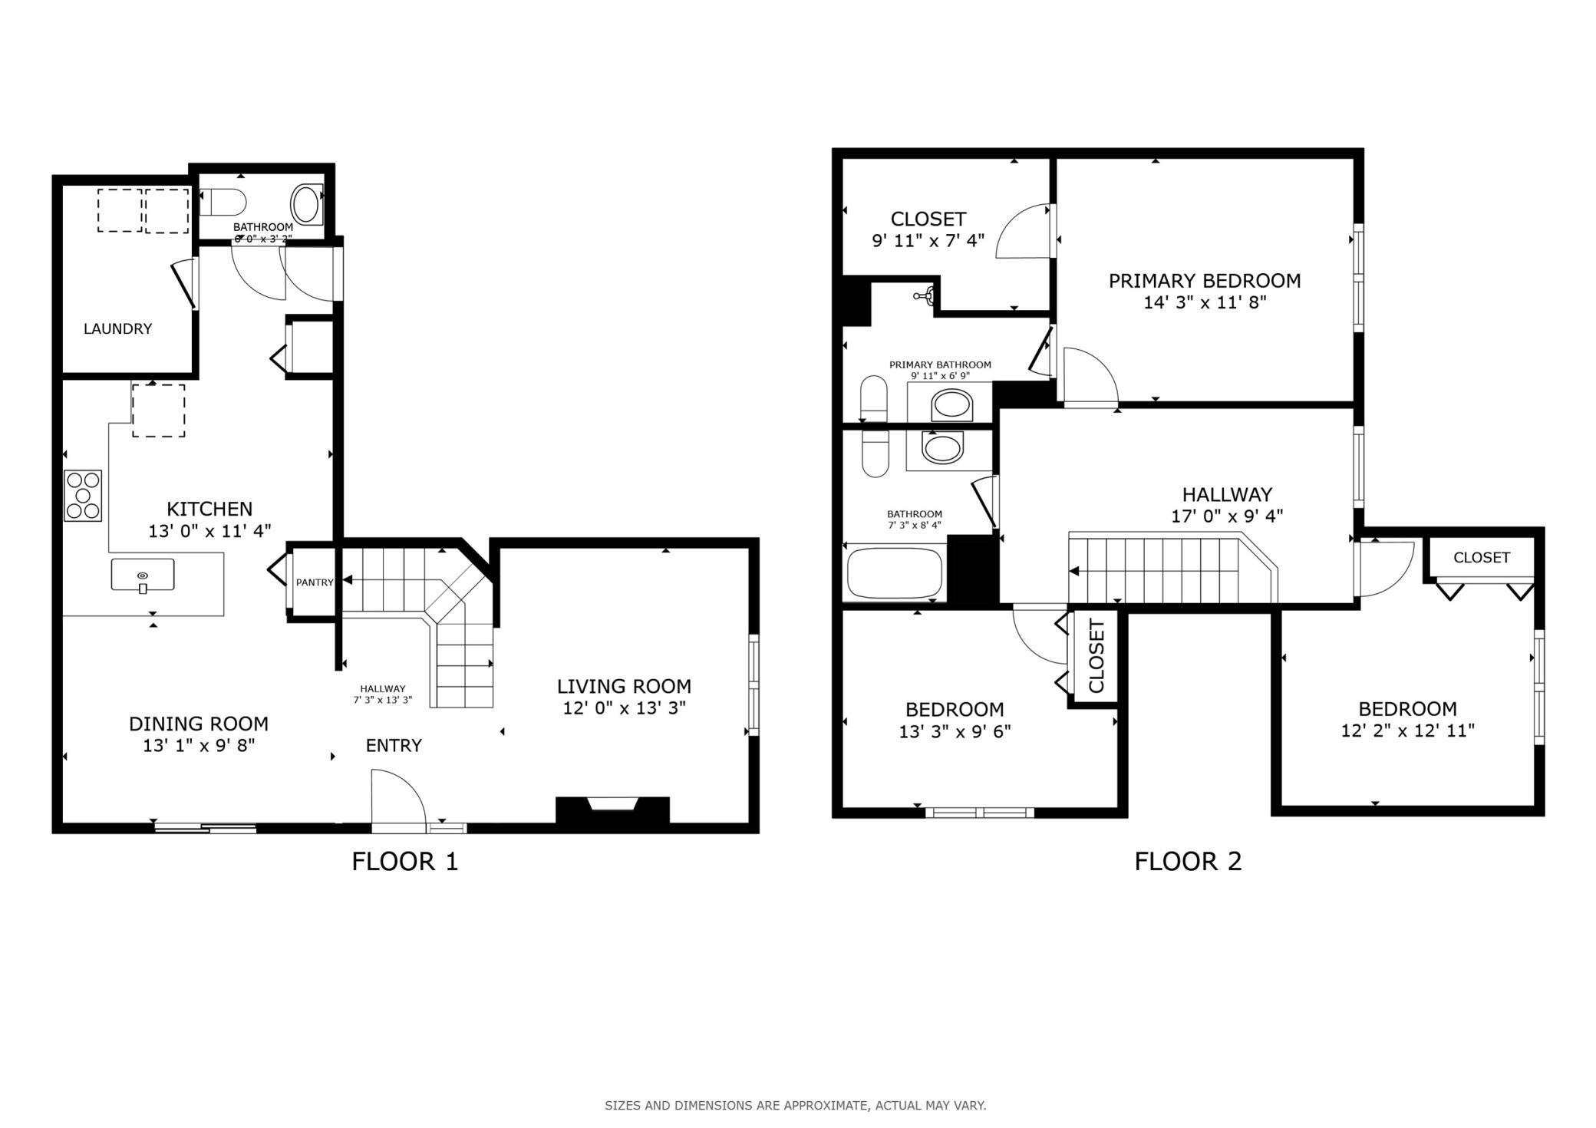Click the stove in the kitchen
tap(83, 496)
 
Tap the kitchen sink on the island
tap(143, 575)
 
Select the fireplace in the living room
tap(612, 811)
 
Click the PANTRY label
tap(315, 582)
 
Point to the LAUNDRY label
tap(117, 328)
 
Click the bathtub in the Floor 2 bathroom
tap(894, 572)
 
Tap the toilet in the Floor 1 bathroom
tap(223, 203)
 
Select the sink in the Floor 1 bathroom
tap(306, 204)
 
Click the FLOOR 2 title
tap(1188, 862)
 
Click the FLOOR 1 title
tap(405, 862)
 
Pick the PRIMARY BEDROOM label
tap(1205, 281)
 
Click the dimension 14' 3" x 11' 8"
tap(1205, 302)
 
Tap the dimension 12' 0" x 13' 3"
tap(624, 707)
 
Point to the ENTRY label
tap(394, 745)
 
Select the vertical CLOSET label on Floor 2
tap(1096, 656)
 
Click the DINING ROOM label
tap(199, 724)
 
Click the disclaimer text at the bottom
tap(796, 1106)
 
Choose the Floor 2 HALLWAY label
tap(1227, 494)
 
